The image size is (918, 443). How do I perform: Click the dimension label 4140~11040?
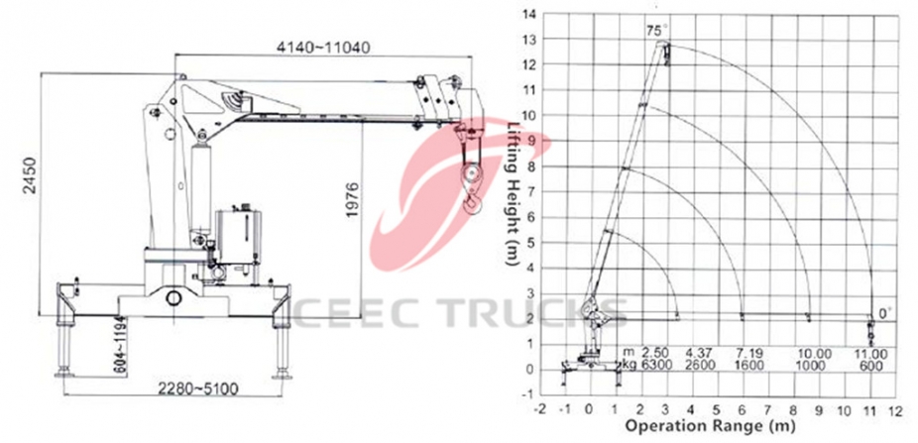pyautogui.click(x=317, y=48)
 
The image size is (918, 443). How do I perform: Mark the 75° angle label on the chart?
pyautogui.click(x=656, y=31)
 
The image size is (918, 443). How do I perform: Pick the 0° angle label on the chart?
pyautogui.click(x=884, y=313)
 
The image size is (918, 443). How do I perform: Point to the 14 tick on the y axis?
pyautogui.click(x=527, y=14)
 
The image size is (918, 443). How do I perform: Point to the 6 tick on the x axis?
pyautogui.click(x=742, y=408)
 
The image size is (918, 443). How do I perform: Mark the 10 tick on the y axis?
pyautogui.click(x=527, y=115)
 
